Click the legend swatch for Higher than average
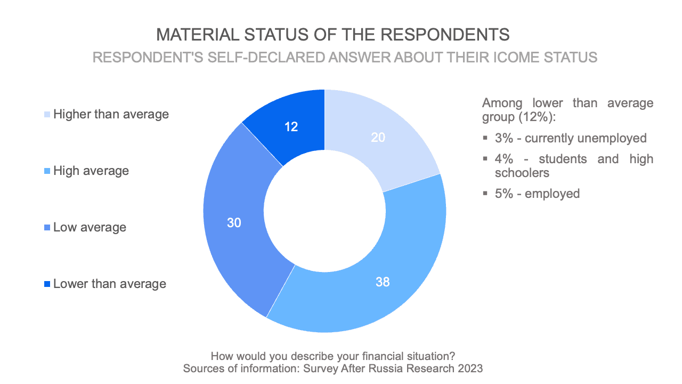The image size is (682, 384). [x=48, y=114]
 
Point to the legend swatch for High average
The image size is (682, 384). [x=48, y=171]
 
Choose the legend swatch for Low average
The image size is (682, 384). [x=48, y=228]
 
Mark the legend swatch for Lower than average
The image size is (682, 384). [x=48, y=284]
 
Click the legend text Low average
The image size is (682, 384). [x=90, y=227]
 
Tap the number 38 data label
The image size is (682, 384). [x=383, y=282]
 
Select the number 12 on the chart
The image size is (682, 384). [x=291, y=127]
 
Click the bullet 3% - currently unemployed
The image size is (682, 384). [x=570, y=138]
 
